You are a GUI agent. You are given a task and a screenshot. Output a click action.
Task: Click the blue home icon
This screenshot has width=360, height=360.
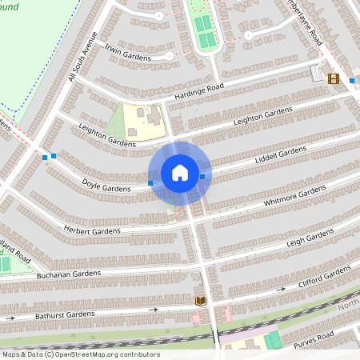pos(180,173)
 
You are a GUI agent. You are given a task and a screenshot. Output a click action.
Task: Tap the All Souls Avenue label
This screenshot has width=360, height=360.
pos(82,57)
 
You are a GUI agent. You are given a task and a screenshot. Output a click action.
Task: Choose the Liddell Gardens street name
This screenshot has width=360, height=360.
pos(281,151)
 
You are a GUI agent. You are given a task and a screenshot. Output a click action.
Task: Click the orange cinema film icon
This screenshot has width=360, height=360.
pos(333,78)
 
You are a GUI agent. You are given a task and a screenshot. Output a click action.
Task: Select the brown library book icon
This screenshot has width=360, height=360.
pos(199,300)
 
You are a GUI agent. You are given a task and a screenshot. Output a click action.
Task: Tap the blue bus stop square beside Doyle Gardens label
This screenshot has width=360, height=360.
pos(150,184)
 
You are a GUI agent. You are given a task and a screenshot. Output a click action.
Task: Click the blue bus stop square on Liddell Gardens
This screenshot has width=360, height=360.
pos(202,176)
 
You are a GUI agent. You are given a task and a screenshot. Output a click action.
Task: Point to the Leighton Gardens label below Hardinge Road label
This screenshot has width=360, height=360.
pos(262,115)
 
